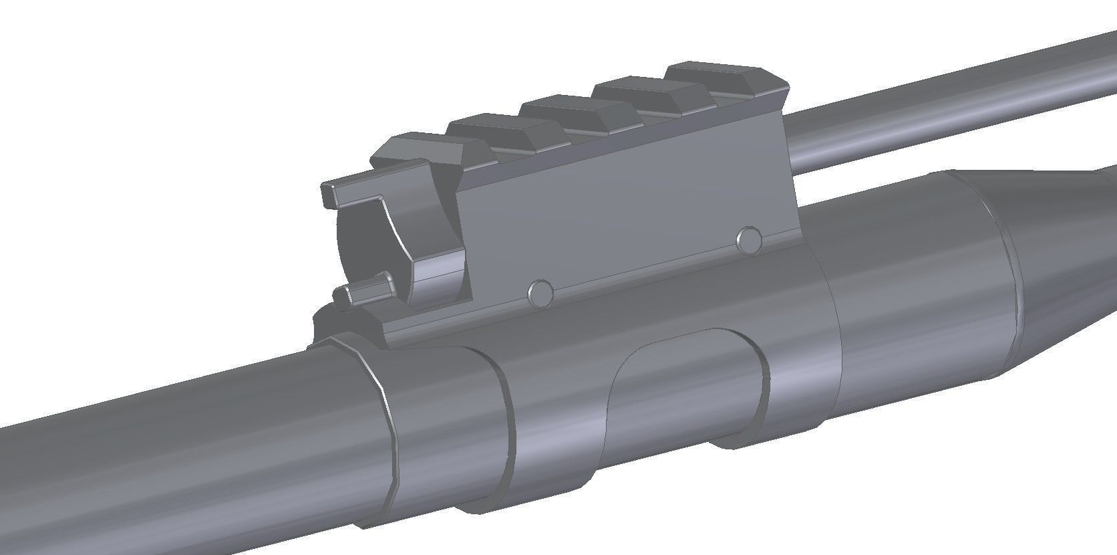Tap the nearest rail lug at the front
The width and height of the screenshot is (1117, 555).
pos(414,150)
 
